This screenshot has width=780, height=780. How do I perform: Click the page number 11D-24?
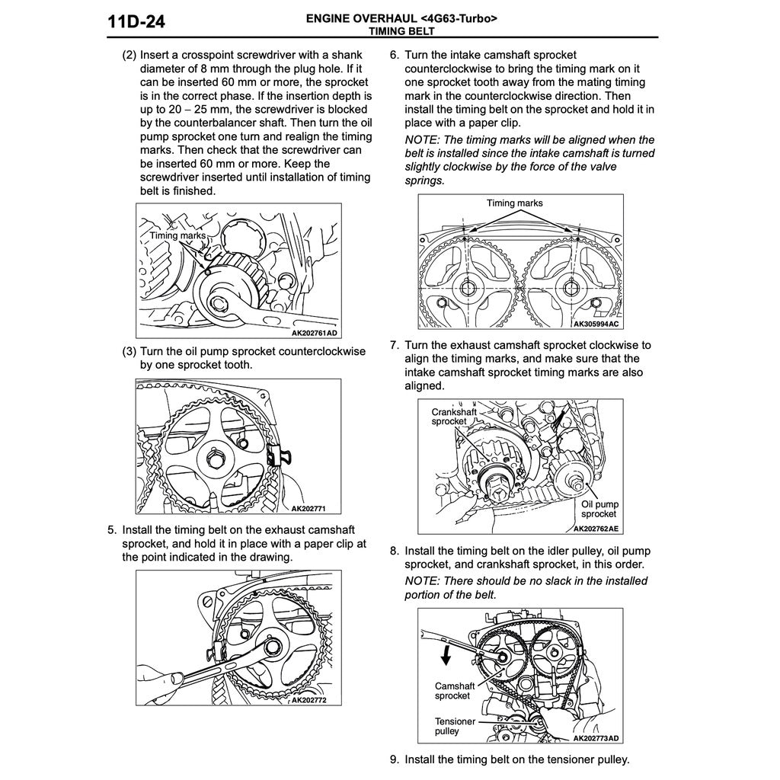pos(136,22)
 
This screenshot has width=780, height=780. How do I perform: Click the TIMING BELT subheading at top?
pos(401,31)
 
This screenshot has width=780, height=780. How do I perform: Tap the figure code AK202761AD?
pos(314,333)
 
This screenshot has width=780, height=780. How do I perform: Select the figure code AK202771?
pos(308,508)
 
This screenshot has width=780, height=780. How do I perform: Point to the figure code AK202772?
pos(309,700)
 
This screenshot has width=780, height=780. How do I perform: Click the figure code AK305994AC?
pos(596,324)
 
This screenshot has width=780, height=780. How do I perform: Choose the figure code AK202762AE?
pos(596,529)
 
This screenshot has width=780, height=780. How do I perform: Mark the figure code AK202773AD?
pos(596,738)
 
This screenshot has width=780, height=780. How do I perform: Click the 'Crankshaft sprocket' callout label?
pos(454,417)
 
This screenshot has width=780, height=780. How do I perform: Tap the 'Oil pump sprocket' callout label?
pos(599,509)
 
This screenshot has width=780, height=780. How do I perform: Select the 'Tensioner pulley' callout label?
pos(455,726)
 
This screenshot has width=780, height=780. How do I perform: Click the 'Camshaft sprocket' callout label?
pos(454,691)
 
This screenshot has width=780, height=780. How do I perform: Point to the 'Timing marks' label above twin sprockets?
pos(514,203)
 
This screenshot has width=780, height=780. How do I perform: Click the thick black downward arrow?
pos(446,654)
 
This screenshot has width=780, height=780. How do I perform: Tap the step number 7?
pos(395,345)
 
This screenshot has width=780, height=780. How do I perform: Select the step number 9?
pos(395,759)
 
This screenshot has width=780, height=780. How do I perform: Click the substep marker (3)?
pos(129,352)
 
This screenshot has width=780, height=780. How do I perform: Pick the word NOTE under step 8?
pos(422,581)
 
